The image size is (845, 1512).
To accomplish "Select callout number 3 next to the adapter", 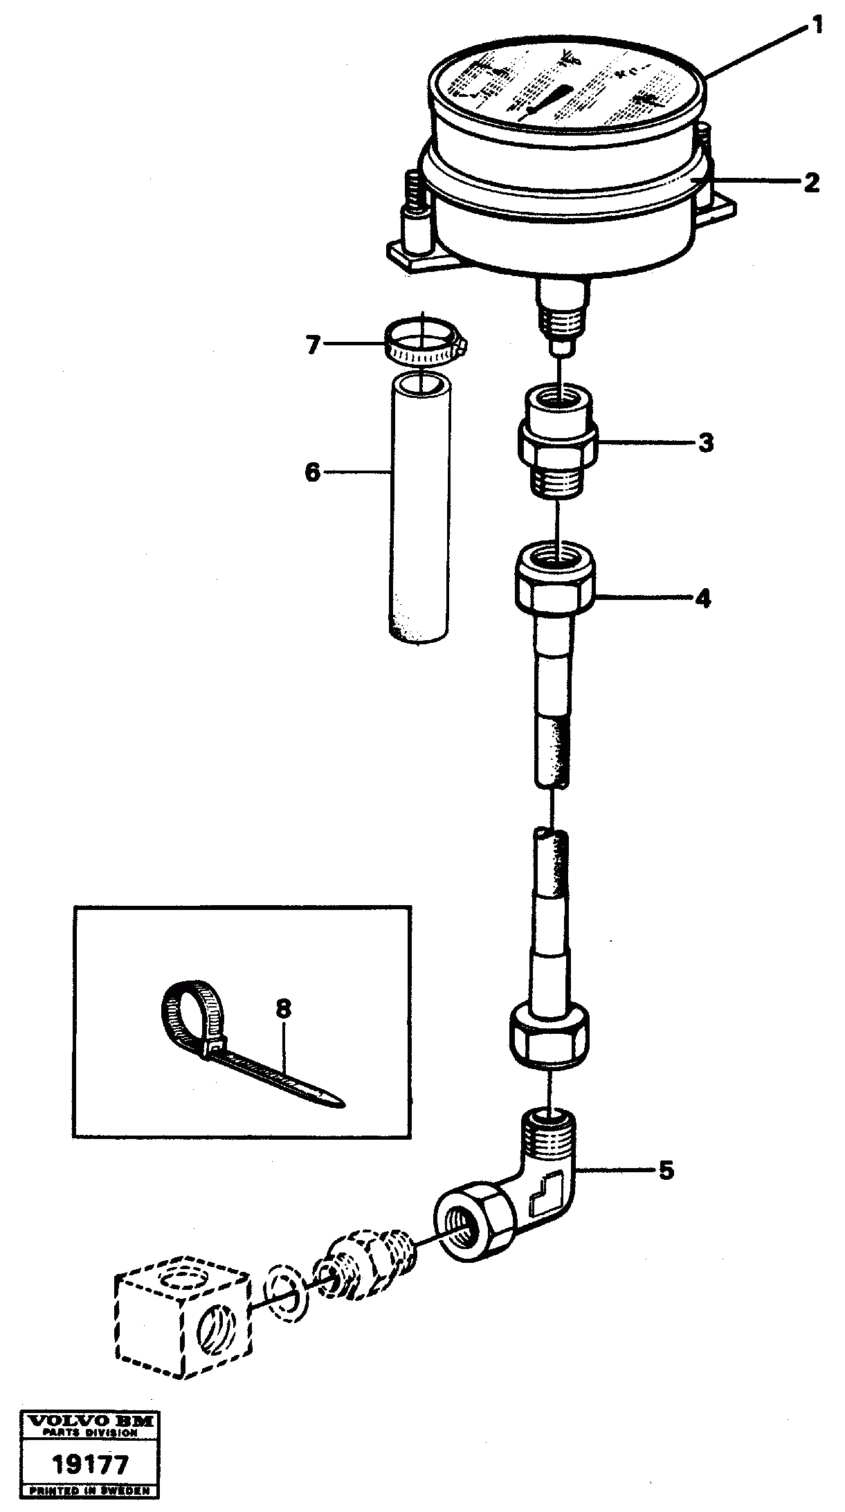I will tap(705, 442).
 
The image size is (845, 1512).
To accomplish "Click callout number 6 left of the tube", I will tap(313, 473).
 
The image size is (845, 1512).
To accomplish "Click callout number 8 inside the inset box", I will tap(283, 1010).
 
